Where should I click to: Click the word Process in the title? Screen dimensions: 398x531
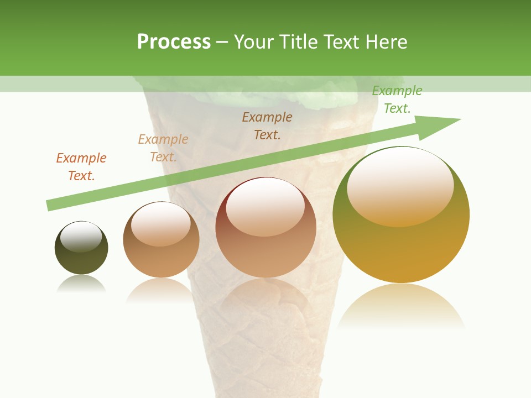[x=174, y=42]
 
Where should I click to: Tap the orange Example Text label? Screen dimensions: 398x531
[x=81, y=166]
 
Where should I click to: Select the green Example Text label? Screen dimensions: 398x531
[x=397, y=99]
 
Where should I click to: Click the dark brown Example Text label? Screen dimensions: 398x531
[x=267, y=125]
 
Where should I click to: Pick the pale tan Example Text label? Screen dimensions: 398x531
[x=163, y=148]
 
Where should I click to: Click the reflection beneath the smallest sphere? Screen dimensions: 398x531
[x=81, y=284]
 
